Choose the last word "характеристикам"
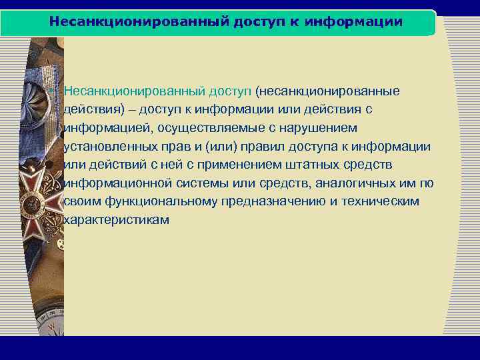pos(115,220)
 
